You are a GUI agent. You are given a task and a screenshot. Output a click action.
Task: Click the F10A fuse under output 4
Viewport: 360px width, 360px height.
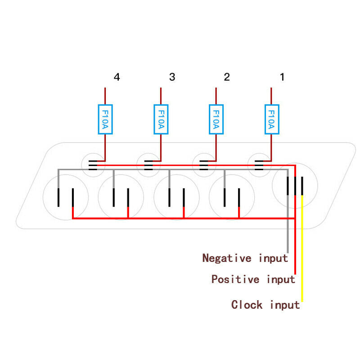pyautogui.click(x=105, y=119)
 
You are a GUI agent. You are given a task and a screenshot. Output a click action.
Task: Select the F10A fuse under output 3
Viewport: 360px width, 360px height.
pyautogui.click(x=161, y=119)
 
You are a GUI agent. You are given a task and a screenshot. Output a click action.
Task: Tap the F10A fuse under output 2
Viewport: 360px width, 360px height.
pyautogui.click(x=216, y=119)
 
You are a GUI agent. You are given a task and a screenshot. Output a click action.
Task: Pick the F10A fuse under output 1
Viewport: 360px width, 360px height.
pyautogui.click(x=272, y=119)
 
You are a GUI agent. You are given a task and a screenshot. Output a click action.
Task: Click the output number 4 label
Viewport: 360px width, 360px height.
pyautogui.click(x=117, y=77)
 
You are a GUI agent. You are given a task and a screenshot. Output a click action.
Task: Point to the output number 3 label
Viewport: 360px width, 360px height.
pyautogui.click(x=172, y=77)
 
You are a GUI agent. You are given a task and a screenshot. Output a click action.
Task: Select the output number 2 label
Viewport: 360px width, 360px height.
pyautogui.click(x=227, y=77)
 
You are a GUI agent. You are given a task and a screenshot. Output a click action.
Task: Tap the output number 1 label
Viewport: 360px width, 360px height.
pyautogui.click(x=283, y=77)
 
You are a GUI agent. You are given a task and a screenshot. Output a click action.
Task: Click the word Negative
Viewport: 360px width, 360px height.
pyautogui.click(x=227, y=258)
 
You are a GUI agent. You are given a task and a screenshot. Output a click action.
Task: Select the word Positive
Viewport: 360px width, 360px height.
pyautogui.click(x=235, y=279)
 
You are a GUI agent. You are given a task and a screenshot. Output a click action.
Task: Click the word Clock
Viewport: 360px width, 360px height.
pyautogui.click(x=247, y=305)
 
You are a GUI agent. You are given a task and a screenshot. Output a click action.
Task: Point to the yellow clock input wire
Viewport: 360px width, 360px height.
pyautogui.click(x=302, y=248)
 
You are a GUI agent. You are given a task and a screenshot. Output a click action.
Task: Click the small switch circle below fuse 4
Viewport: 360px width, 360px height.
pyautogui.click(x=93, y=153)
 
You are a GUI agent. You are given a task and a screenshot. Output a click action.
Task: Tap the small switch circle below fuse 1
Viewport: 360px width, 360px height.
pyautogui.click(x=260, y=153)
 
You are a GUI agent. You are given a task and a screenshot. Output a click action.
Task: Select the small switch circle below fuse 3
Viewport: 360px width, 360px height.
pyautogui.click(x=148, y=153)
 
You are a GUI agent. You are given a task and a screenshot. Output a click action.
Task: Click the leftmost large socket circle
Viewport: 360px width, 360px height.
pyautogui.click(x=66, y=175)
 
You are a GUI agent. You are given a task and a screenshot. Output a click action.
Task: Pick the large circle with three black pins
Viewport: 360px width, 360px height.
pyautogui.click(x=295, y=163)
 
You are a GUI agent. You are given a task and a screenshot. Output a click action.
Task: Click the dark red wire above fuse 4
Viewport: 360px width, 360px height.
pyautogui.click(x=105, y=96)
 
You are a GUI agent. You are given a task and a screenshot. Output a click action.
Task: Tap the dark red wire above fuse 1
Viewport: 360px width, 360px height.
pyautogui.click(x=271, y=96)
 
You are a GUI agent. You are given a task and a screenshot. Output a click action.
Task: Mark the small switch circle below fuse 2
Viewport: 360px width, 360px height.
pyautogui.click(x=204, y=153)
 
